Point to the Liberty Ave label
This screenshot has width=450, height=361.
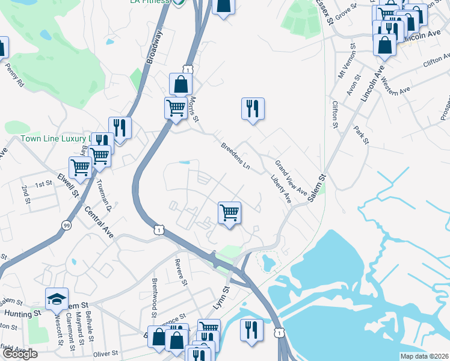pyautogui.click(x=281, y=189)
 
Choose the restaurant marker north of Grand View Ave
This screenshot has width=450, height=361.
pyautogui.click(x=253, y=109)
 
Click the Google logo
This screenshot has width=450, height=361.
pyautogui.click(x=19, y=354)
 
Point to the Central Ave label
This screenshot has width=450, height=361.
pyautogui.click(x=99, y=221)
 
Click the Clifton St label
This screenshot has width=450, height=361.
pyautogui.click(x=334, y=115)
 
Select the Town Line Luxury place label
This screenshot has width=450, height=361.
pyautogui.click(x=54, y=138)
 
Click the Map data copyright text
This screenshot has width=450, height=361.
pyautogui.click(x=425, y=356)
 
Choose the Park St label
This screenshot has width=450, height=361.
pyautogui.click(x=361, y=135)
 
